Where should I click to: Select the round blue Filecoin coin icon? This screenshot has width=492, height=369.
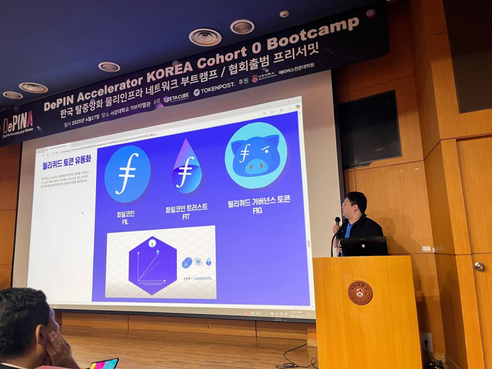point(127,173)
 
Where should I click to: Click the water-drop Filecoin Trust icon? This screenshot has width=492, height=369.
point(187,167)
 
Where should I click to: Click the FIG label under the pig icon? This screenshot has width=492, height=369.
point(258,209)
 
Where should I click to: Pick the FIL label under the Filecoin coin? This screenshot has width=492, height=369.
point(125,221)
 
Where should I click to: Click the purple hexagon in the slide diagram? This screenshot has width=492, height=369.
point(152,265)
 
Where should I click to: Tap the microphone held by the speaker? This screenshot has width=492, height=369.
point(338,222)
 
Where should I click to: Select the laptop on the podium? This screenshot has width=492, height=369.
point(364,246)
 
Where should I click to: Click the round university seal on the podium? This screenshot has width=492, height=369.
point(360,292)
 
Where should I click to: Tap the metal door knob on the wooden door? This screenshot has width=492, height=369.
point(479,266)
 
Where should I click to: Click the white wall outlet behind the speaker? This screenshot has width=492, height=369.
point(426,248)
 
